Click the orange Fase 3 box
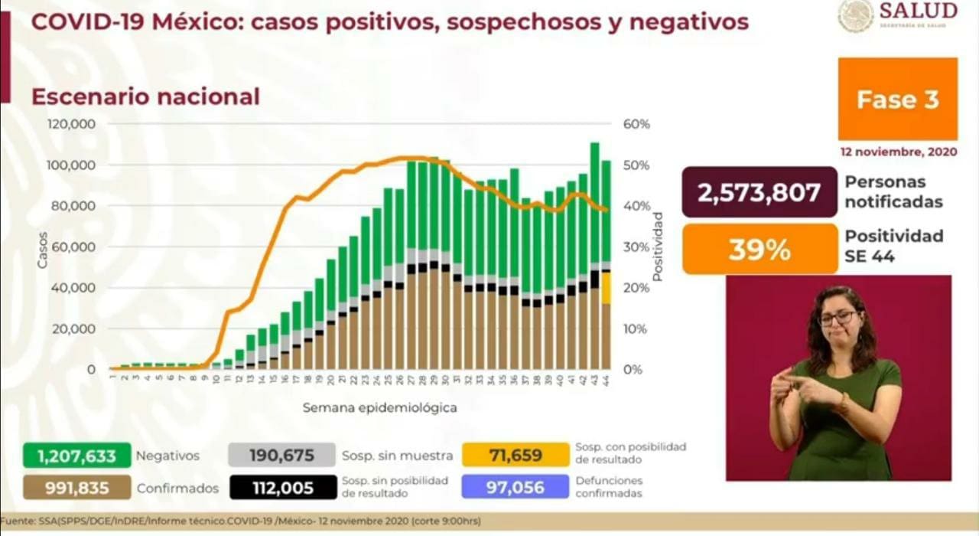pyautogui.click(x=897, y=99)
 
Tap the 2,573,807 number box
pyautogui.click(x=759, y=192)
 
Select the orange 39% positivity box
pyautogui.click(x=759, y=249)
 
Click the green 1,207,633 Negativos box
pyautogui.click(x=76, y=456)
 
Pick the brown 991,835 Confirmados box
pyautogui.click(x=76, y=487)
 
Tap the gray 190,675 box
pyautogui.click(x=281, y=456)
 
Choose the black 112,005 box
pyautogui.click(x=281, y=487)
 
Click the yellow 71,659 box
pyautogui.click(x=516, y=456)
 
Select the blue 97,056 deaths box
pyautogui.click(x=516, y=487)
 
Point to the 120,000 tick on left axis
pyautogui.click(x=70, y=124)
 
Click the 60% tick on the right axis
pyautogui.click(x=637, y=124)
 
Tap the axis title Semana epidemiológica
pyautogui.click(x=379, y=408)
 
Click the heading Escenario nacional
pyautogui.click(x=145, y=97)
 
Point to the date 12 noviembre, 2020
pyautogui.click(x=898, y=152)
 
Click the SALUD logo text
pyautogui.click(x=918, y=11)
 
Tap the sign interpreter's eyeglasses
pyautogui.click(x=839, y=318)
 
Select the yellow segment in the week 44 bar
pyautogui.click(x=606, y=288)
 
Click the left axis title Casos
pyautogui.click(x=43, y=249)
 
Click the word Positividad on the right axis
pyautogui.click(x=659, y=247)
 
